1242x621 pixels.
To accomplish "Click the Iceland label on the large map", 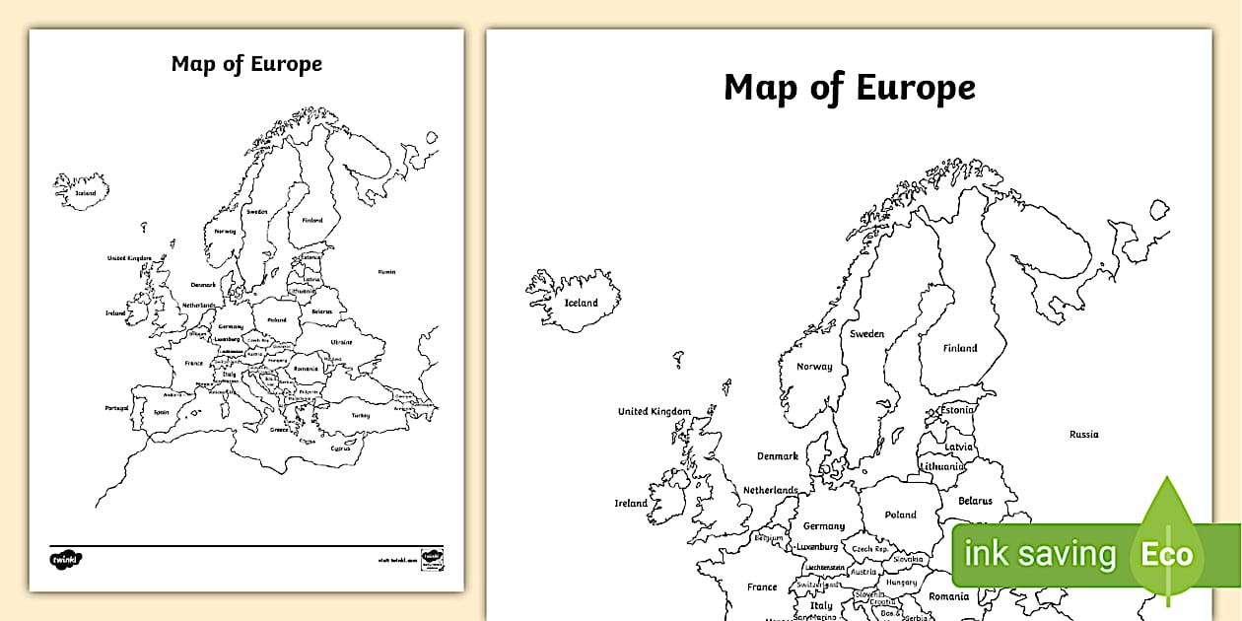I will click(x=581, y=303).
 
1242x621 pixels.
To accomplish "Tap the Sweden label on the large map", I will click(x=867, y=334).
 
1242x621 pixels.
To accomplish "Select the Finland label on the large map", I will click(x=960, y=348).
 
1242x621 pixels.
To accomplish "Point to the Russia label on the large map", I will click(x=1084, y=435).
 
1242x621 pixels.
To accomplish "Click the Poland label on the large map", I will click(x=900, y=515).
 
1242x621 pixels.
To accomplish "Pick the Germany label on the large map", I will click(x=824, y=526).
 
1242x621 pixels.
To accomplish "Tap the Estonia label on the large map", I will click(x=957, y=410).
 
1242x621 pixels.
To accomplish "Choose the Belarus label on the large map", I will click(x=975, y=502).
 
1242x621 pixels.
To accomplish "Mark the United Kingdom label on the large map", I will click(x=655, y=412).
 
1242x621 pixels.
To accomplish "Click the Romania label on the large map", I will click(x=949, y=596).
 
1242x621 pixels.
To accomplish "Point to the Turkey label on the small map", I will click(x=360, y=415).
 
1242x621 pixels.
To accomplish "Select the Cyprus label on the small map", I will click(x=341, y=448).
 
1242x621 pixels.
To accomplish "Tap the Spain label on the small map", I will click(x=162, y=412).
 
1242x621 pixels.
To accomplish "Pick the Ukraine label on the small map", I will click(x=341, y=342).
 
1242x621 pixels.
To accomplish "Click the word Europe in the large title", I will click(x=915, y=88).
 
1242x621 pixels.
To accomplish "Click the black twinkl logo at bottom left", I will click(x=66, y=559).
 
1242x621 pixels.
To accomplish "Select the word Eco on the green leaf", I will click(x=1167, y=555).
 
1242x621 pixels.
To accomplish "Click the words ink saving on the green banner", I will click(x=1040, y=555).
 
